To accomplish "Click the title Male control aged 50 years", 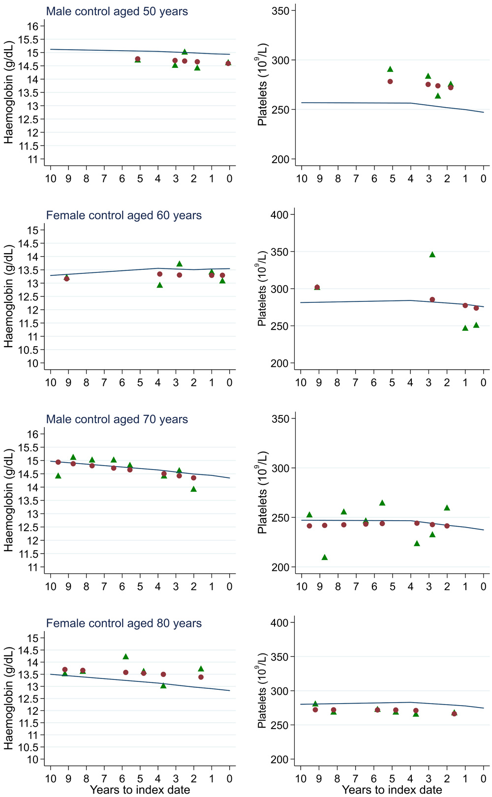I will (x=117, y=11).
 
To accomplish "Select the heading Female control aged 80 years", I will (x=123, y=623).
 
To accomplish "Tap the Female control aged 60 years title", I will (x=123, y=215).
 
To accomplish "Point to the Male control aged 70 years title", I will (x=117, y=419).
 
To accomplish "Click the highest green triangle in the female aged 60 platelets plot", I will (x=432, y=255).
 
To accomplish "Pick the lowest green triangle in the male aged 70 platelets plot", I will (x=324, y=558).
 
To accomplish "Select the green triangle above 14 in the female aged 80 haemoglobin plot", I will (x=125, y=657).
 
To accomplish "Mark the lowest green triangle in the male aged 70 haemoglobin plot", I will (x=194, y=489).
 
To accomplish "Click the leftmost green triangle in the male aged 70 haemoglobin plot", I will (x=58, y=476).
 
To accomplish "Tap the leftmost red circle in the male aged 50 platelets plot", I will (x=390, y=82).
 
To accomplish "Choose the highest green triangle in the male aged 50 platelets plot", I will (x=390, y=69).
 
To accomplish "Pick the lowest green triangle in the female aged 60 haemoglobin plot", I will (x=159, y=285).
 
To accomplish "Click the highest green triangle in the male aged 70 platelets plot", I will (x=382, y=503).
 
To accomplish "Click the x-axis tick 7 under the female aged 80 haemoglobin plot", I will (x=104, y=779).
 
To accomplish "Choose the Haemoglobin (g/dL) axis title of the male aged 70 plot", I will (x=9, y=501).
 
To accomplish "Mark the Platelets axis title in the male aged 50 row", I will (x=262, y=92).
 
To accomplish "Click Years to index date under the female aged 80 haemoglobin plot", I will (x=140, y=790).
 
